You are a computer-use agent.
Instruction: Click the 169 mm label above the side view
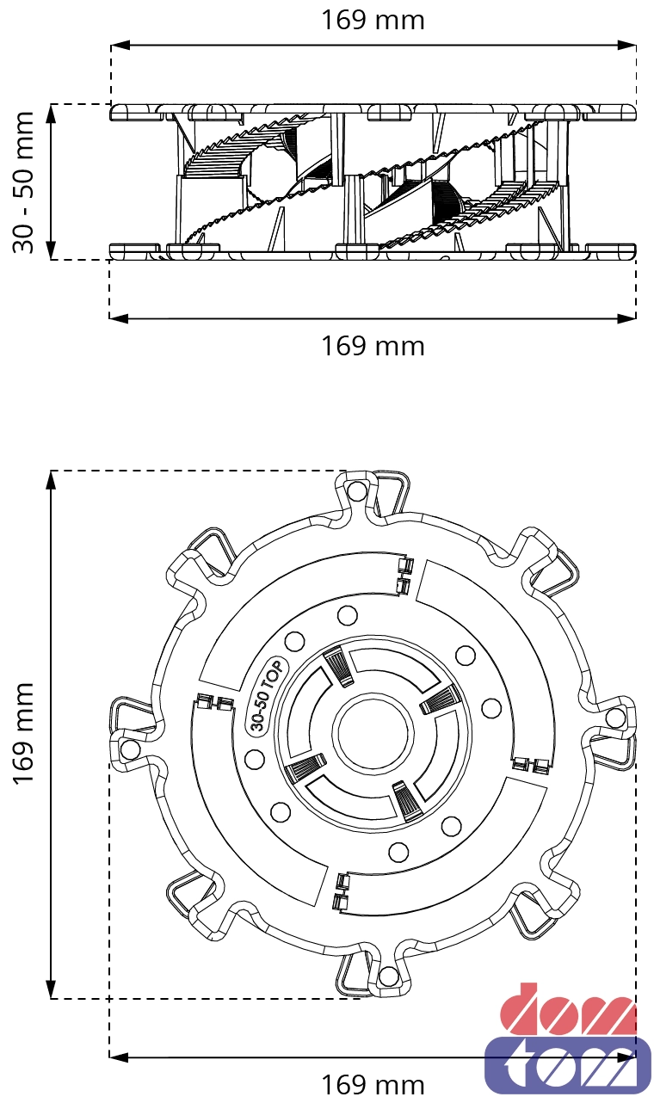373,20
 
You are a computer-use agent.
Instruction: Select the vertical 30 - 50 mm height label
23,182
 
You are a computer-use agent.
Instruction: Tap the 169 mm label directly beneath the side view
373,346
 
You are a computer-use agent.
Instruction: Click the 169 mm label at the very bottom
373,1084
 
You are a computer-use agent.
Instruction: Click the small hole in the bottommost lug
388,976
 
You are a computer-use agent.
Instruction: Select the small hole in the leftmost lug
130,749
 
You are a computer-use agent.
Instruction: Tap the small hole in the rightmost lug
614,718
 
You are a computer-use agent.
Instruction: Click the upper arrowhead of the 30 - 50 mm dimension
52,110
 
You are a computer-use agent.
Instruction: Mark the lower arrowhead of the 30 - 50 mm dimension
52,253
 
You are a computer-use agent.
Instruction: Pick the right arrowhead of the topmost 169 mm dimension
630,44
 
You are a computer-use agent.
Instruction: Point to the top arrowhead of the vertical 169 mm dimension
52,478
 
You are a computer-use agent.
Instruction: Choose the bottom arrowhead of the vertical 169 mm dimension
52,992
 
